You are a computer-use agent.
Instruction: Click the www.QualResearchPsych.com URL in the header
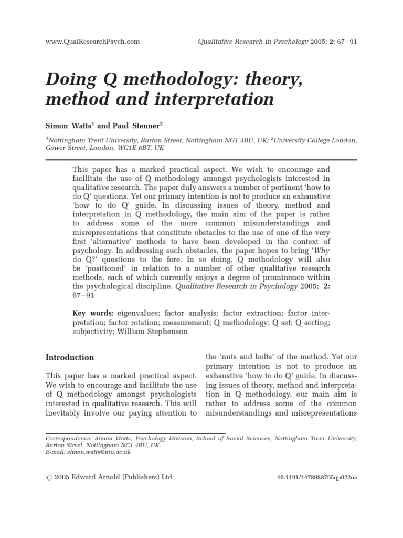click(92, 42)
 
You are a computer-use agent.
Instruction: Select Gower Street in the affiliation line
click(65, 148)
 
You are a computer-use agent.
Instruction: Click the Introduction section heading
click(70, 357)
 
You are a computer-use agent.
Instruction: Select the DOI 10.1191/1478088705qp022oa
click(316, 478)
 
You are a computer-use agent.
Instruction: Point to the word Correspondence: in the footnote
click(68, 438)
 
